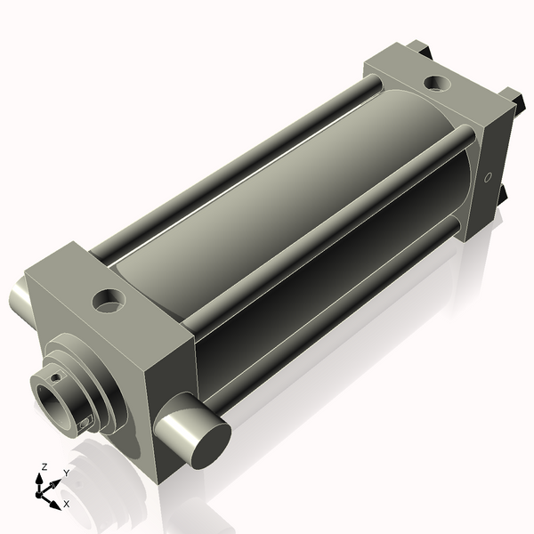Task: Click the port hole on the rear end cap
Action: click(437, 84)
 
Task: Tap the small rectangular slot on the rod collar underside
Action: click(85, 424)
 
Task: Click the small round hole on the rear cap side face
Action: click(487, 178)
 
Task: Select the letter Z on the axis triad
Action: click(43, 466)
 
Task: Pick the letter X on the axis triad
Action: click(66, 504)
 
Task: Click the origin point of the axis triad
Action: click(43, 489)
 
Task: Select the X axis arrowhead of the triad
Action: click(56, 499)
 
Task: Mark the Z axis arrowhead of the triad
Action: click(42, 476)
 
